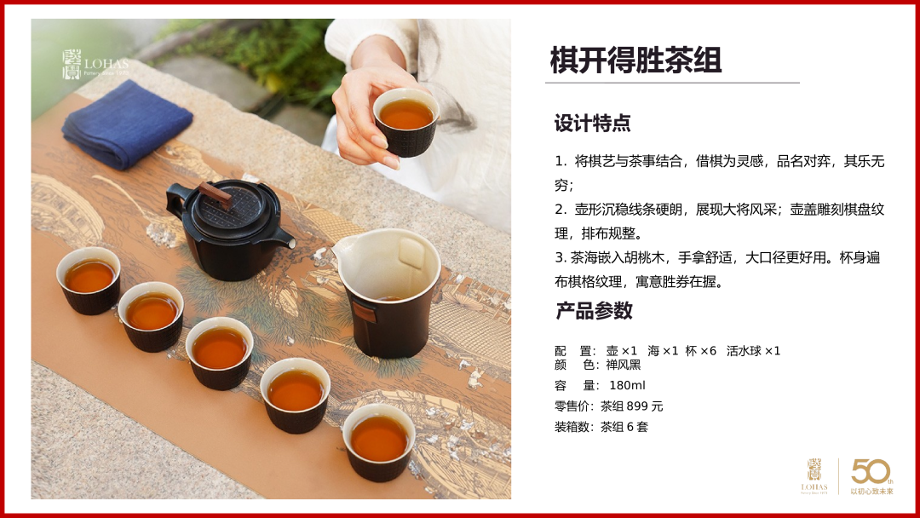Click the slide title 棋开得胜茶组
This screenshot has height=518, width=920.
(635, 60)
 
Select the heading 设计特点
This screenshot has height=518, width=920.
(593, 124)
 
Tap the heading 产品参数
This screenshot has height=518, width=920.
(594, 310)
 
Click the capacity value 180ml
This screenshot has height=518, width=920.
(627, 385)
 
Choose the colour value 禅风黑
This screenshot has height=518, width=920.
(623, 365)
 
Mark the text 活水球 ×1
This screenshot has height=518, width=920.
(753, 351)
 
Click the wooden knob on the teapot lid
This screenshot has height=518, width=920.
(216, 194)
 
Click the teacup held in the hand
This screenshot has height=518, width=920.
(406, 122)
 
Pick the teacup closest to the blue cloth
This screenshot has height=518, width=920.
(89, 280)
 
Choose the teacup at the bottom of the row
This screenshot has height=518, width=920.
(379, 441)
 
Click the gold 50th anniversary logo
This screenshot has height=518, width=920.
(872, 476)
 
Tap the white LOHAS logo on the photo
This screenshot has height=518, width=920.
(95, 64)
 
